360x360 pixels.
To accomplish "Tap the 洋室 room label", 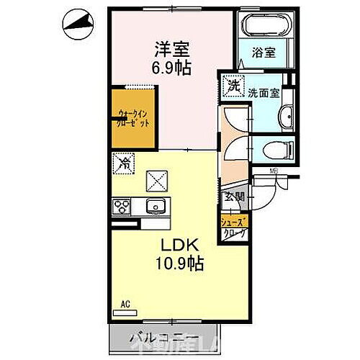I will [x=171, y=50].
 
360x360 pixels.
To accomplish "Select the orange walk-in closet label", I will [x=133, y=117].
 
